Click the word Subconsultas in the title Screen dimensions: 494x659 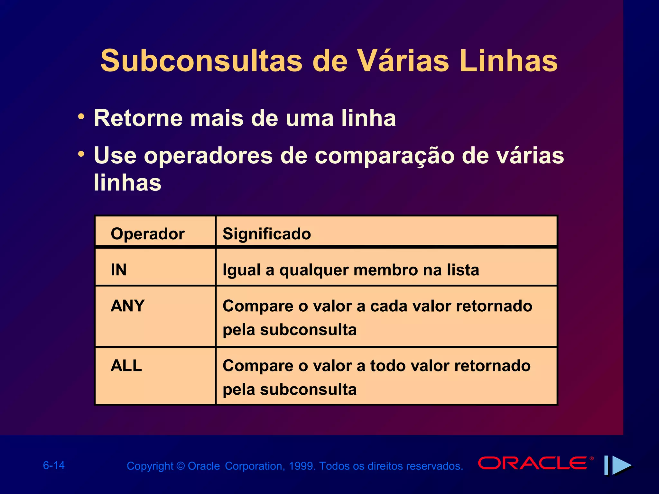point(201,61)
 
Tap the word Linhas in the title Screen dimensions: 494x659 point(508,61)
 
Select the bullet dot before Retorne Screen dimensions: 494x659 point(81,116)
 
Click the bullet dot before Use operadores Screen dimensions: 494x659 point(81,154)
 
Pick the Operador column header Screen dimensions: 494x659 point(148,234)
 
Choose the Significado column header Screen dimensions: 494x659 point(267,234)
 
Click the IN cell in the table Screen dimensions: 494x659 point(118,270)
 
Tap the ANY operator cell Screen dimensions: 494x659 point(127,306)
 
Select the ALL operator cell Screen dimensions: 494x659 point(126,366)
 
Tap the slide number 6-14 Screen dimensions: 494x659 point(54,465)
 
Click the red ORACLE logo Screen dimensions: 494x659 point(533,463)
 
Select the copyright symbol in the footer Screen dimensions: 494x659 point(181,466)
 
